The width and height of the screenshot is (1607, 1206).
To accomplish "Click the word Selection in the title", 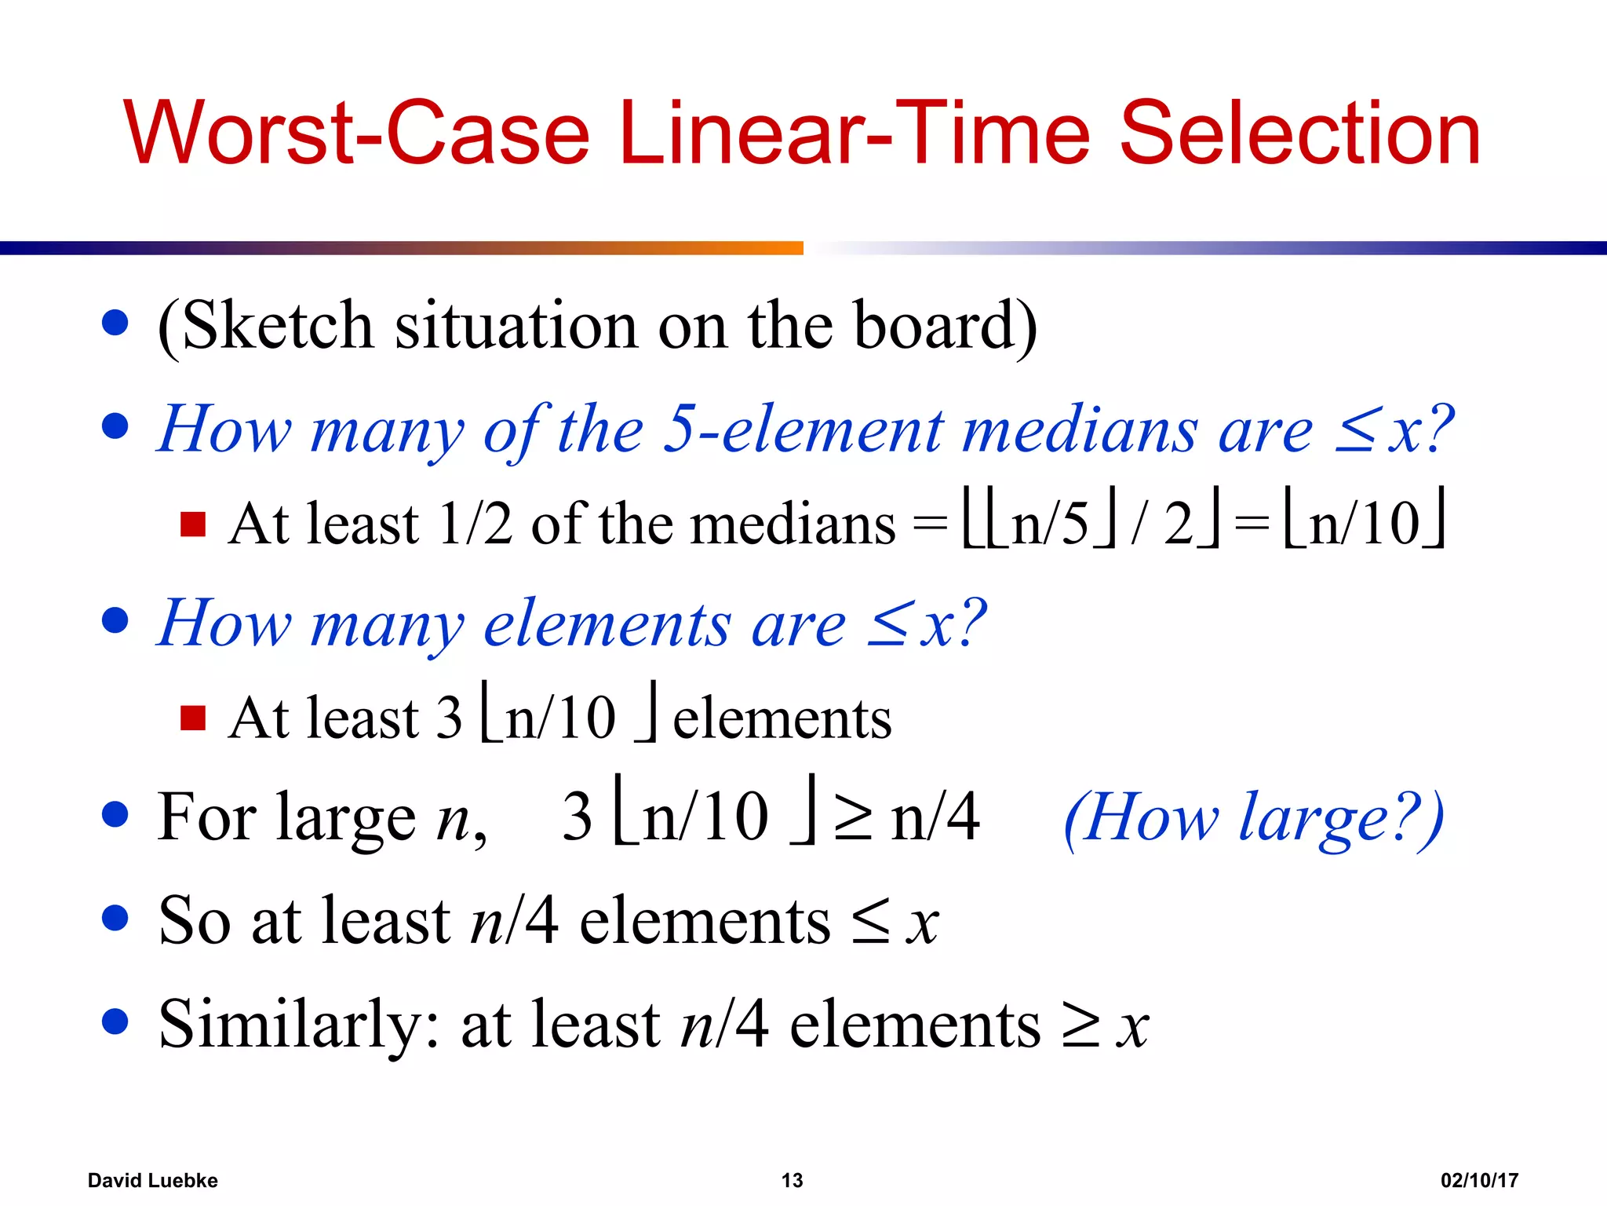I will point(1299,133).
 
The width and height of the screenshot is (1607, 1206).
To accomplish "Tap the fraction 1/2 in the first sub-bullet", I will point(476,524).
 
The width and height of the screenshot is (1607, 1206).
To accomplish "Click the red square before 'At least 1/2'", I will point(193,524).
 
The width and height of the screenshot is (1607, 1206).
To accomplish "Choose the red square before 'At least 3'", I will point(193,717).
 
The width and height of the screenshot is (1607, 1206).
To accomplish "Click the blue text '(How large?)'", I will point(1253,818).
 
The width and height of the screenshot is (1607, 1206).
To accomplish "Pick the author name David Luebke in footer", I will point(152,1180).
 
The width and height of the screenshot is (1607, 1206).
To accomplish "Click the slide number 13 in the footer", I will point(792,1180).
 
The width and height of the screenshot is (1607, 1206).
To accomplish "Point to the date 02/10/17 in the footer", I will point(1479,1180).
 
